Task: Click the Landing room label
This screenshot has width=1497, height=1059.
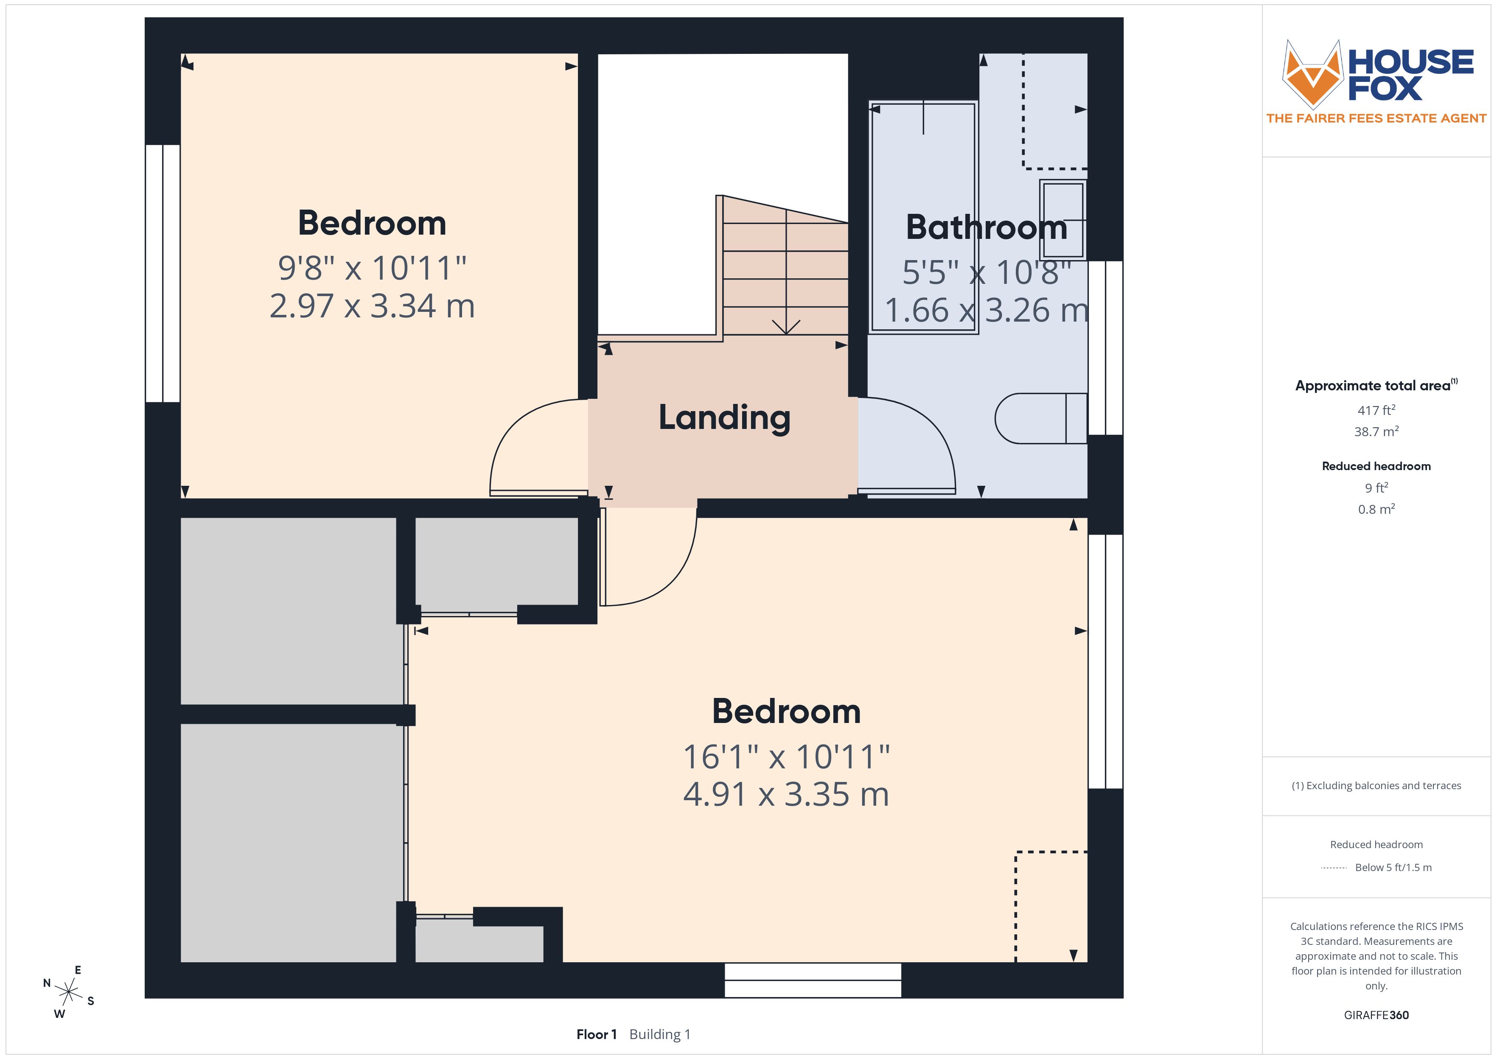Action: pyautogui.click(x=724, y=417)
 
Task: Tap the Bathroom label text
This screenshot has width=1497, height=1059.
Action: pyautogui.click(x=987, y=227)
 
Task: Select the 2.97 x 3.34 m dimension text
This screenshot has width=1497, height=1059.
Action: pyautogui.click(x=372, y=306)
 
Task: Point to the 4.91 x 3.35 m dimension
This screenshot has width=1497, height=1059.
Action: pyautogui.click(x=786, y=794)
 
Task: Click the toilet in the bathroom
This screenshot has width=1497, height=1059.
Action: pyautogui.click(x=1040, y=418)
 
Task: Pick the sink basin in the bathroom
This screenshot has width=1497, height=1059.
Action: pyautogui.click(x=1063, y=220)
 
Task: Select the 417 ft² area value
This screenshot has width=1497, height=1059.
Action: pyautogui.click(x=1376, y=410)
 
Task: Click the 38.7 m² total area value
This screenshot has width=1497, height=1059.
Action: pyautogui.click(x=1376, y=431)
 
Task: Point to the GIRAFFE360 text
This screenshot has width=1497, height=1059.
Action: pyautogui.click(x=1376, y=1015)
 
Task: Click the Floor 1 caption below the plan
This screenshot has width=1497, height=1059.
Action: pyautogui.click(x=596, y=1034)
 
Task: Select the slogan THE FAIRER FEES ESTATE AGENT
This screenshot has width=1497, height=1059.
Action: pyautogui.click(x=1376, y=118)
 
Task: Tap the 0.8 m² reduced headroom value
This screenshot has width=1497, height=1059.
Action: pyautogui.click(x=1376, y=509)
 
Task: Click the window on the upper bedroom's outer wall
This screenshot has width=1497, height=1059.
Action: pyautogui.click(x=163, y=273)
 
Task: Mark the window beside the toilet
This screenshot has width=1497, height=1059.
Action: pyautogui.click(x=1105, y=347)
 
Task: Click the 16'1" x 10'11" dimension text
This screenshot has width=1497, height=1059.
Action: pyautogui.click(x=786, y=756)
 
